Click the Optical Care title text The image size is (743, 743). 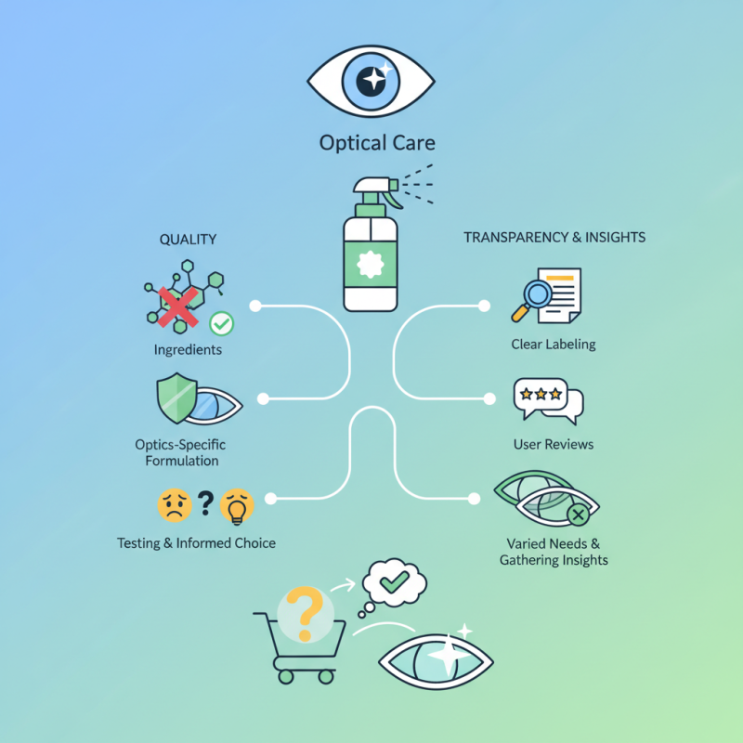[376, 144]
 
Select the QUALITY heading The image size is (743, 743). [188, 240]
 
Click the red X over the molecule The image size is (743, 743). [179, 306]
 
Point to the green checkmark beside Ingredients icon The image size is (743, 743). [221, 323]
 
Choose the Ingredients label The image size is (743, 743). [188, 350]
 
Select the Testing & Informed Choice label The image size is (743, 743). [196, 542]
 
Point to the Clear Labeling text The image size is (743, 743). [554, 345]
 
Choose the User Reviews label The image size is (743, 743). [554, 445]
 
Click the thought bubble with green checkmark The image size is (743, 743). [394, 582]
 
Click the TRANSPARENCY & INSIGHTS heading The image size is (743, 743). [554, 238]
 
